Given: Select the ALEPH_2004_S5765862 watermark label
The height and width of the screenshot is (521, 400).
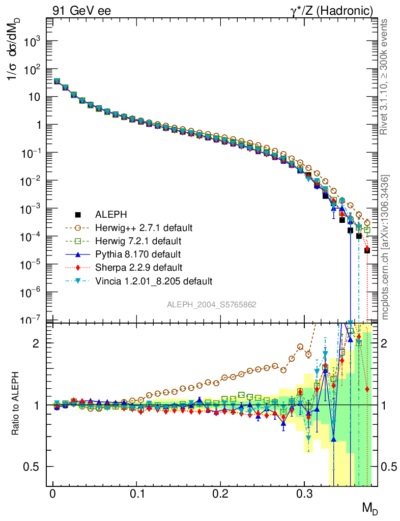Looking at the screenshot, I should click(x=212, y=305).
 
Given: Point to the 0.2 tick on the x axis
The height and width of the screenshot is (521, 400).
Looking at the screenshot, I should click(x=220, y=494).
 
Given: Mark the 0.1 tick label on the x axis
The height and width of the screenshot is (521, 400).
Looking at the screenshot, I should click(x=136, y=494).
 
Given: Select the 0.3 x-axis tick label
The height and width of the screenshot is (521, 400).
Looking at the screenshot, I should click(x=304, y=494).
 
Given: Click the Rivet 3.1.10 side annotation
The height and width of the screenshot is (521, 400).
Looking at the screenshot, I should click(x=385, y=76).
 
